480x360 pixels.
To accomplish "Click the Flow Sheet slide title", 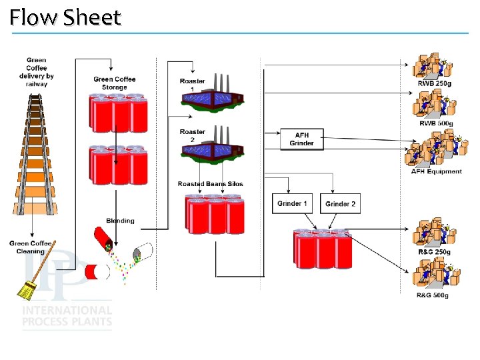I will pyautogui.click(x=65, y=17).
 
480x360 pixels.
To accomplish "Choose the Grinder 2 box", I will pyautogui.click(x=341, y=204).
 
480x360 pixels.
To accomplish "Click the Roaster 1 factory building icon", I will pyautogui.click(x=212, y=98).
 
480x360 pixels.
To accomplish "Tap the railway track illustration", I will pyautogui.click(x=37, y=153).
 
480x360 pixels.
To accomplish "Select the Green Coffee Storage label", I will pyautogui.click(x=115, y=83).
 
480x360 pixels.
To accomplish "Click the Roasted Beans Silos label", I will pyautogui.click(x=211, y=184).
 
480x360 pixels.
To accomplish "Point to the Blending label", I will pyautogui.click(x=120, y=221).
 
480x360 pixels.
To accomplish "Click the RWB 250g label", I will pyautogui.click(x=434, y=83).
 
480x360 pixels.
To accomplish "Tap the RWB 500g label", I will pyautogui.click(x=436, y=123).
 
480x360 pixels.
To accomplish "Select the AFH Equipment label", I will pyautogui.click(x=436, y=171).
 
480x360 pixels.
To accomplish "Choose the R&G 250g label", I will pyautogui.click(x=434, y=252).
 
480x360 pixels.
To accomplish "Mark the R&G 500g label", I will pyautogui.click(x=433, y=295).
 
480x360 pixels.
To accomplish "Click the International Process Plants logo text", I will pyautogui.click(x=67, y=317).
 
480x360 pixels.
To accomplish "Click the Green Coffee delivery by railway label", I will pyautogui.click(x=37, y=72).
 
